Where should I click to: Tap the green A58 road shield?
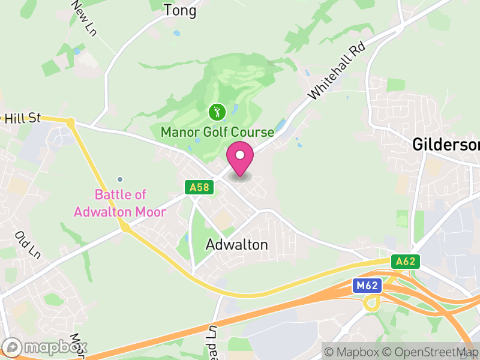(199, 188)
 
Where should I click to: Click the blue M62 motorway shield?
(366, 286)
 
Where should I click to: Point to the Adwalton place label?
(236, 245)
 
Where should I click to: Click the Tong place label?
(180, 10)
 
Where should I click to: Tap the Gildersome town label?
(446, 145)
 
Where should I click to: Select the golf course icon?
(217, 112)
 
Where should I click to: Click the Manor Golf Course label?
(217, 131)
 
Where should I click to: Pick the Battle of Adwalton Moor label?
(120, 203)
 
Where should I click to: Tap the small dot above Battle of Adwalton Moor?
(120, 179)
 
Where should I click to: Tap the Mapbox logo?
(46, 347)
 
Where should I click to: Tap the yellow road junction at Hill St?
(71, 123)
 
